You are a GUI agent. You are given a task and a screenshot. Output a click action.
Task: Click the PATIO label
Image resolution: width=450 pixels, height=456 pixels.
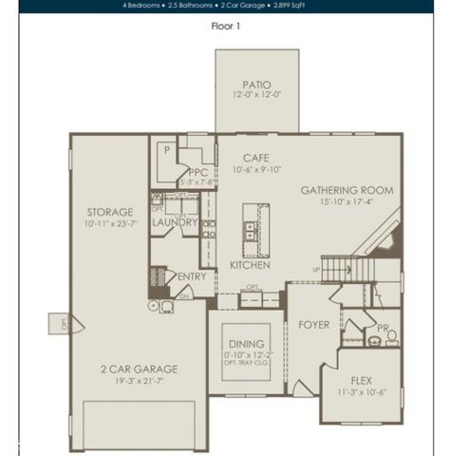coord(255,85)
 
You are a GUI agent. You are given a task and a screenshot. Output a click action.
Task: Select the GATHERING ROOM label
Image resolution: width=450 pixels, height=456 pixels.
coord(347,190)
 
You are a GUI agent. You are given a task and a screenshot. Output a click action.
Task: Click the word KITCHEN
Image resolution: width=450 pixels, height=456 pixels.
coord(250,265)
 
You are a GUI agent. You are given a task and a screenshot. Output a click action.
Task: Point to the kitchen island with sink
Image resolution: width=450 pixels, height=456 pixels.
coord(253,228)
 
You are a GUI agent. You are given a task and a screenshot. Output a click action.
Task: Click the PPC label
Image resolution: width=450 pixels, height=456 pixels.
coord(198,172)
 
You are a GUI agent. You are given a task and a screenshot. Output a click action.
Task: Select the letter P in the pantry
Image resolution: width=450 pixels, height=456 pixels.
coord(165,150)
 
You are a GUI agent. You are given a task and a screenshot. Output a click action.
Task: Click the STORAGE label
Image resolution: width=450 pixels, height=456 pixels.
coord(109,212)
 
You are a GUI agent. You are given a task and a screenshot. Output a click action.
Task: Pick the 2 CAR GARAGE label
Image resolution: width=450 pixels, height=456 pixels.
coord(139,369)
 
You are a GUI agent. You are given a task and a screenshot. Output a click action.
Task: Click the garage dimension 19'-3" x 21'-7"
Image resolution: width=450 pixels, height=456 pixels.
coord(139,380)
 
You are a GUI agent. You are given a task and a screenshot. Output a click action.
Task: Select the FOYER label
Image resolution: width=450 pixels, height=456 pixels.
coord(313,325)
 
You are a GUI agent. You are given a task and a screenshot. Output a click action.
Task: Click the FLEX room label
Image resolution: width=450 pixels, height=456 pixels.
coord(361,380)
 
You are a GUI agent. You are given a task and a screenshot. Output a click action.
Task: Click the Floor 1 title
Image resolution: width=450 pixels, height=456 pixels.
coord(225,26)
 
